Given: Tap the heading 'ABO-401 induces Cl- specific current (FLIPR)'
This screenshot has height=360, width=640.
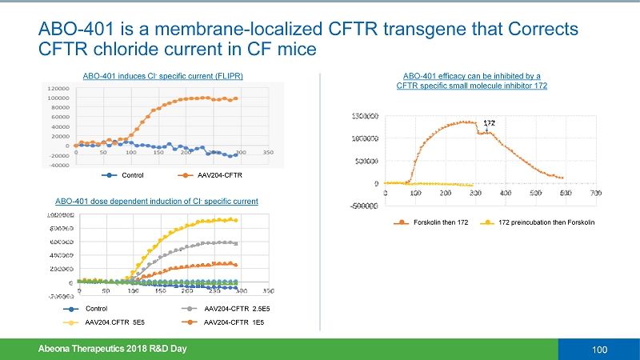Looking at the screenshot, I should pos(163,76).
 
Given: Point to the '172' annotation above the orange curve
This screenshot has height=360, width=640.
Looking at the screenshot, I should pos(490,123).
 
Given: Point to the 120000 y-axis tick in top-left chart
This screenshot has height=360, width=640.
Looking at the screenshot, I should pos(58,88).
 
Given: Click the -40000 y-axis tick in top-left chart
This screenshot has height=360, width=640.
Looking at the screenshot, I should pos(58,166).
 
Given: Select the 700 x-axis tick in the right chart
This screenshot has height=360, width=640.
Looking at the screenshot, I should pos(595,192).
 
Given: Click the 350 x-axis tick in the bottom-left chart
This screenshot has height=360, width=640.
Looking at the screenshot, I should pos(269,291).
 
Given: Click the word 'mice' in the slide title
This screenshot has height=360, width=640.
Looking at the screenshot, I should pos(300,50).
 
